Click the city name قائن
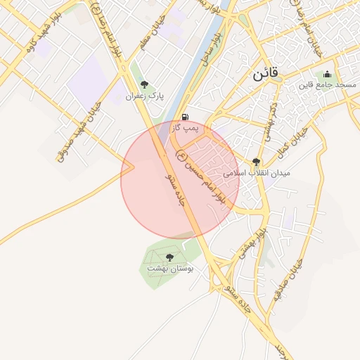tap(264, 73)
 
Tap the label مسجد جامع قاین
tap(327, 85)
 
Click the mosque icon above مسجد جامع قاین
tap(326, 74)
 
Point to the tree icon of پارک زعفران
tap(144, 84)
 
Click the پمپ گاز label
tap(186, 128)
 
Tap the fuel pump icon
tap(185, 117)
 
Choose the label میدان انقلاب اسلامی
tap(256, 172)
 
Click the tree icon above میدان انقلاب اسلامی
tap(255, 161)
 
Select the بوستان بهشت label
tap(169, 269)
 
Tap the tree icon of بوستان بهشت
tap(169, 257)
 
